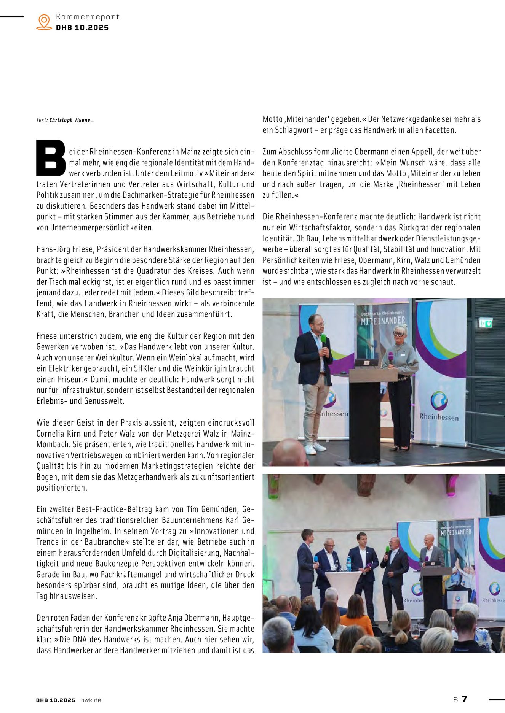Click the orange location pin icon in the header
[x=44, y=22]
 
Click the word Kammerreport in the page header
[x=88, y=17]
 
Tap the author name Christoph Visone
[x=70, y=120]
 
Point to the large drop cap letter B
[x=51, y=158]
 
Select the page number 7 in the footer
[x=464, y=699]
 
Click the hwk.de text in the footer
[x=91, y=700]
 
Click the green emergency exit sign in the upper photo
[x=486, y=323]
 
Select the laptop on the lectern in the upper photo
[x=366, y=362]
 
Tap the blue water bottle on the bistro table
[x=348, y=564]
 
